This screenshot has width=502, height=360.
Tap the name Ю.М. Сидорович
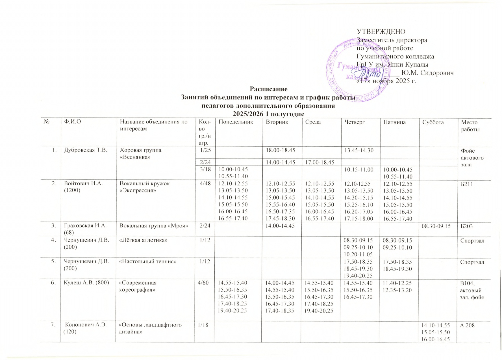(x=427, y=73)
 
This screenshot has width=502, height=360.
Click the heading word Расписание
(x=268, y=89)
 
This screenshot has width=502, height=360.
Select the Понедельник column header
(x=236, y=122)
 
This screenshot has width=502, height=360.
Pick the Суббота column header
(x=433, y=122)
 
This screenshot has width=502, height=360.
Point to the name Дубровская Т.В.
(x=86, y=150)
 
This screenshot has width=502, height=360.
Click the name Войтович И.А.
(x=84, y=183)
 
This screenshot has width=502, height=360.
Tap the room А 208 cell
(x=467, y=325)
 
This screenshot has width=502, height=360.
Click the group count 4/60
(x=205, y=283)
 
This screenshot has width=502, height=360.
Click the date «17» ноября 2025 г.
(x=386, y=81)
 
